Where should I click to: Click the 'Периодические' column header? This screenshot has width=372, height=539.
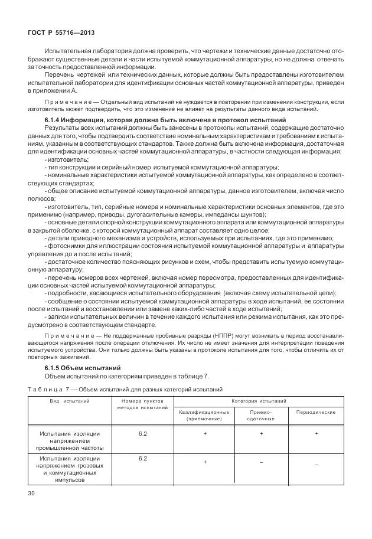coord(316,411)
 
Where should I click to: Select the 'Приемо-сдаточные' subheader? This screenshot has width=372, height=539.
coord(261,414)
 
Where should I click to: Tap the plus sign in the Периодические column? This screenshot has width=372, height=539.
coord(316,434)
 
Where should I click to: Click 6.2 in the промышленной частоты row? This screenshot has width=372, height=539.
coord(142,433)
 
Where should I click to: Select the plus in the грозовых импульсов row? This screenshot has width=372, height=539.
coord(205,462)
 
